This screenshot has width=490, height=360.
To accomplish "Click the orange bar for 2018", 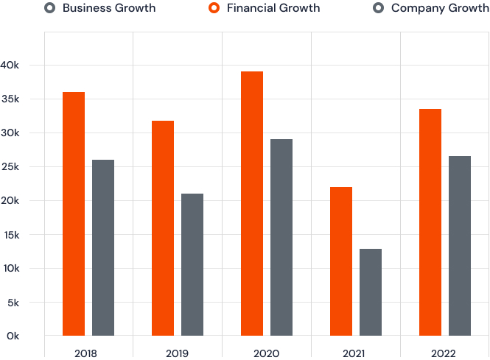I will click(74, 213).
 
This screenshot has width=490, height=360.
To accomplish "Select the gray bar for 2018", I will click(103, 247).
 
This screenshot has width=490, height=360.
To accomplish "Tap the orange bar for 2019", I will click(163, 228).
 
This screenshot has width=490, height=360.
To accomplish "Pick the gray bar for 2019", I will click(192, 264).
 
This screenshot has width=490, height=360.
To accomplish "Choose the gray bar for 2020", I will click(281, 237).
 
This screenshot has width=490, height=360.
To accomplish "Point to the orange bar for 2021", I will click(341, 261).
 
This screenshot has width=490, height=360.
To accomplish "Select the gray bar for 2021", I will click(371, 292).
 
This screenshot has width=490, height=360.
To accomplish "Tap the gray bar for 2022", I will click(460, 246).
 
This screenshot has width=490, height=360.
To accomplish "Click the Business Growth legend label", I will click(109, 8).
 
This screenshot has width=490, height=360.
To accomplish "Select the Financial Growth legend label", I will click(273, 8).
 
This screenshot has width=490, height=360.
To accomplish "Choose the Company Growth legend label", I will click(440, 8).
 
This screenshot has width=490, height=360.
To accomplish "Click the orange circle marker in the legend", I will click(214, 8).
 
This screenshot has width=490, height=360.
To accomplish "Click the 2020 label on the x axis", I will click(266, 353).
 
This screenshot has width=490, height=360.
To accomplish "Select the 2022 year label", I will click(444, 353).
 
